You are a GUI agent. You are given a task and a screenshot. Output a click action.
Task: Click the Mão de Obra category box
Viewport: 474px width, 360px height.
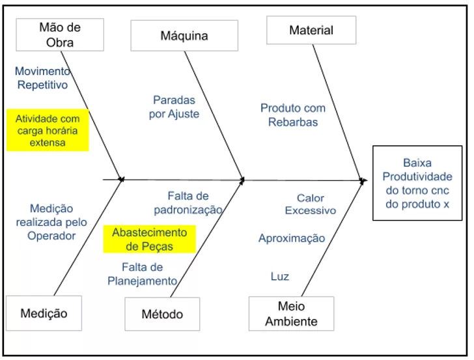[60, 35]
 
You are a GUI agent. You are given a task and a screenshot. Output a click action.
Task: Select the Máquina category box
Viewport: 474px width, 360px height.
[184, 35]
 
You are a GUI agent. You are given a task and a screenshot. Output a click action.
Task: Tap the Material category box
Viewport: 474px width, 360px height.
[311, 30]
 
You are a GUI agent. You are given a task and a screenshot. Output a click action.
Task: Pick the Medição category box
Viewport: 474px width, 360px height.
[44, 313]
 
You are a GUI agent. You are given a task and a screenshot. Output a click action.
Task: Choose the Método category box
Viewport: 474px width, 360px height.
[162, 314]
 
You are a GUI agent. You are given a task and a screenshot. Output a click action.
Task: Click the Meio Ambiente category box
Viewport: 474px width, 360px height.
[291, 313]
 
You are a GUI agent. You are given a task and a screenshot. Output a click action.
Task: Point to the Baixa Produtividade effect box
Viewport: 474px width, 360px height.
[417, 184]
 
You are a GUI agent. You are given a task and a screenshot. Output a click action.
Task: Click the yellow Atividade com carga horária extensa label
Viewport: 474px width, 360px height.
[48, 130]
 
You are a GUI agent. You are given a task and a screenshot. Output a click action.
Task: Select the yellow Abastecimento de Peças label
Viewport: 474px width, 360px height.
[149, 239]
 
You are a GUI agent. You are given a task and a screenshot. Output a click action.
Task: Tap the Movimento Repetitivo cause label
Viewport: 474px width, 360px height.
[42, 77]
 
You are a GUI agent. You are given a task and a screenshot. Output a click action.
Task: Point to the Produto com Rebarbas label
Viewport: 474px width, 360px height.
[293, 115]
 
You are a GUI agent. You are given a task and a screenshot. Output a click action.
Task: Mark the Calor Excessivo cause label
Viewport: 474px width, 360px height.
[311, 204]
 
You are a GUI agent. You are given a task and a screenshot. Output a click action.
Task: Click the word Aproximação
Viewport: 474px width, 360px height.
[292, 238]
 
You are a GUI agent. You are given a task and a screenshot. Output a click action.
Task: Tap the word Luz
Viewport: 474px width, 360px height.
[280, 277]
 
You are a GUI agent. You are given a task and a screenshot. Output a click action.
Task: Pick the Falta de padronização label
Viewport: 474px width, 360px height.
[188, 202]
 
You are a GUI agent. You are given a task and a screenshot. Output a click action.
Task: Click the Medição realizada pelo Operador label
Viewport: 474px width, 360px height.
[51, 222]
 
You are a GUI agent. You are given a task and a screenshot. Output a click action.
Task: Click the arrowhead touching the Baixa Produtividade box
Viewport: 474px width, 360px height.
[363, 178]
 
